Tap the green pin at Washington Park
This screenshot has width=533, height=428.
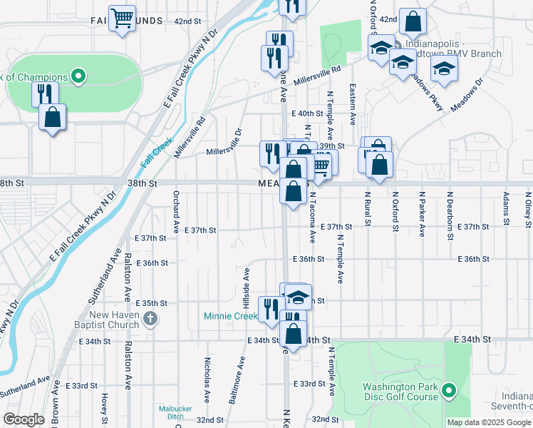pos(448,391)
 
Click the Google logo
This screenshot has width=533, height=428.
pos(24,419)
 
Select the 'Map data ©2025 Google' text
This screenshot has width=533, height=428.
pos(488,422)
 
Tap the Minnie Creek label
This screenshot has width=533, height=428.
pos(230,316)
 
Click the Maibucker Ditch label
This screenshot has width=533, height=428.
pos(171,412)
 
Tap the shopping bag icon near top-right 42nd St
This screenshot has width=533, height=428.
pos(413,22)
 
